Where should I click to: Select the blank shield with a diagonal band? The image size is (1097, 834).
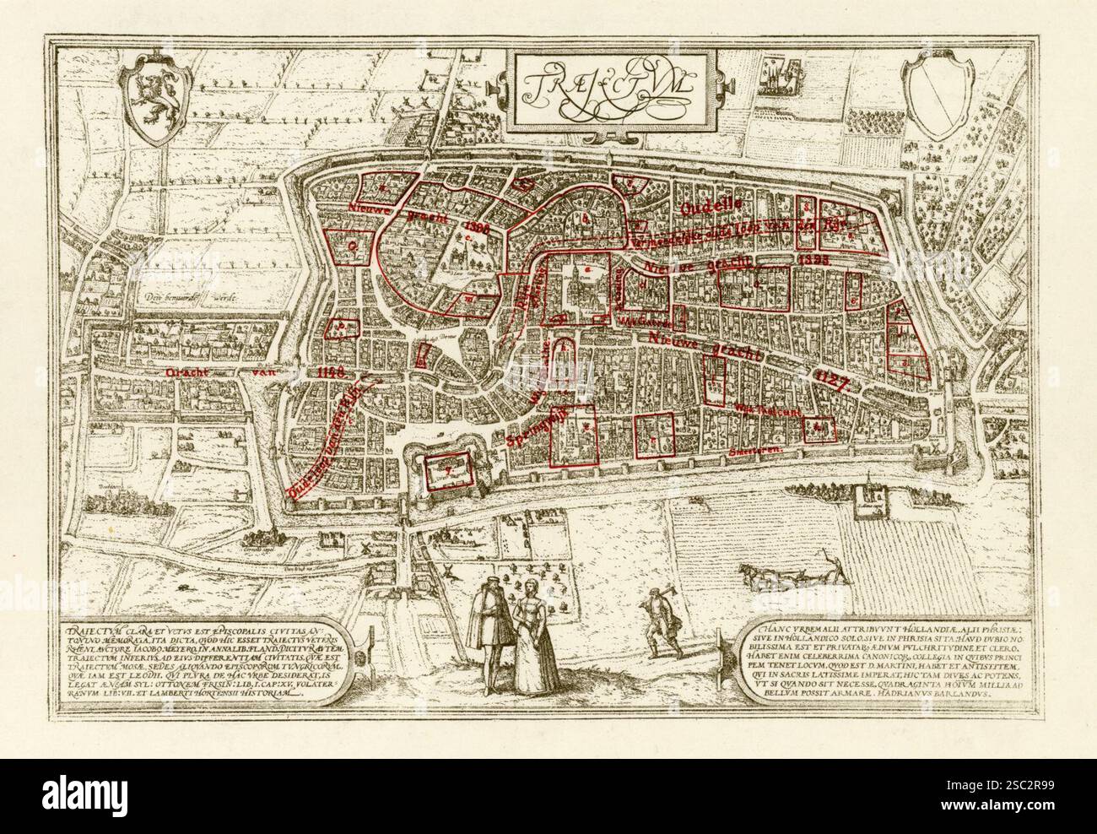(x=938, y=95)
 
